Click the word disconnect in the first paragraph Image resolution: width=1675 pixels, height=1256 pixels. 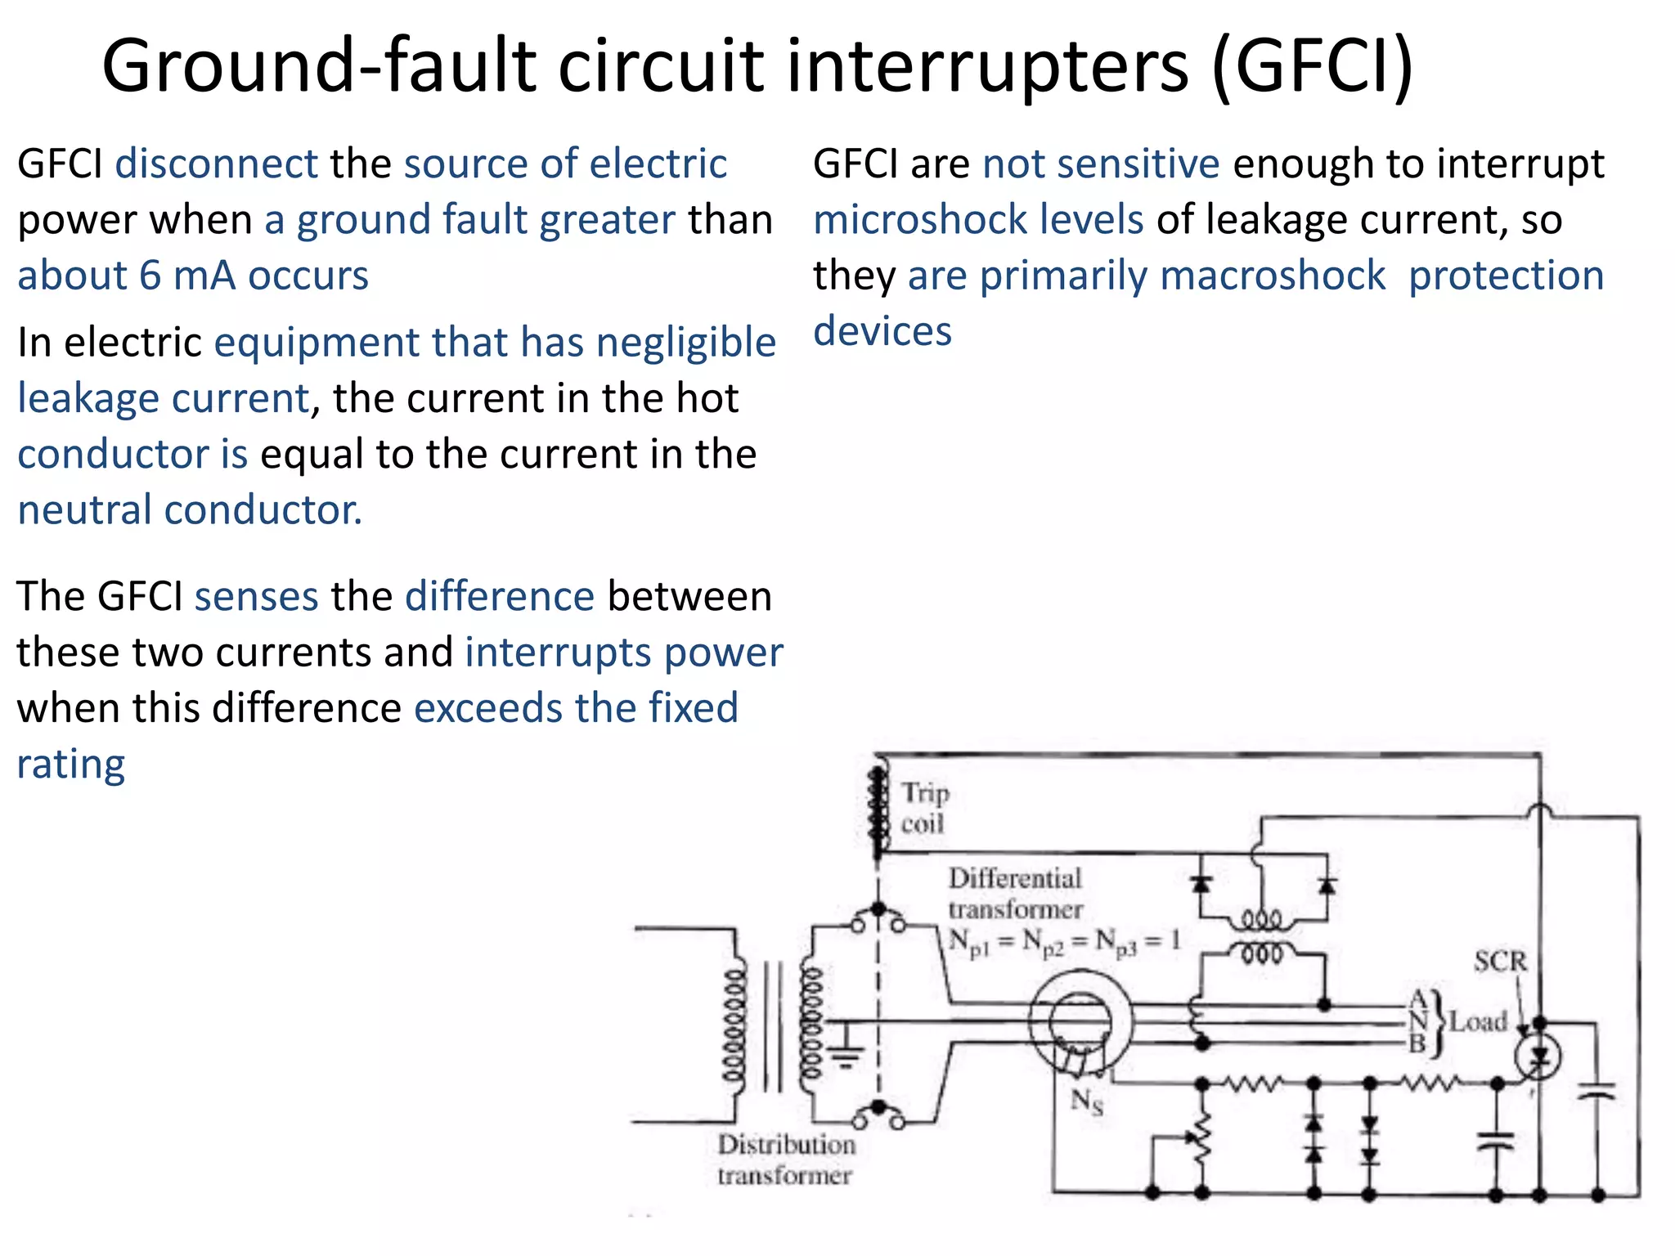click(216, 164)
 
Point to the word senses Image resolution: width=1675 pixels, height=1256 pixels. click(256, 596)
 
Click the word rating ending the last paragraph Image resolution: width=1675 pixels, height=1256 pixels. click(71, 765)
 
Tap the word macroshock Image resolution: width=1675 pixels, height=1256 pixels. click(1273, 276)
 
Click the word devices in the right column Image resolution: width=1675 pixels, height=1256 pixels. click(882, 332)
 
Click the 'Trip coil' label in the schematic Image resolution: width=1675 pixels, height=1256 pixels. click(925, 808)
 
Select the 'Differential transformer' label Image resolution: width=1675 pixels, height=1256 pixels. click(1015, 893)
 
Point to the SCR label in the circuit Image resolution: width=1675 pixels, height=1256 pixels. click(1500, 961)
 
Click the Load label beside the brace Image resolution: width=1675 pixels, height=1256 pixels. click(1478, 1021)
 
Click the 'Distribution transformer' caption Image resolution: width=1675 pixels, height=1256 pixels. click(786, 1160)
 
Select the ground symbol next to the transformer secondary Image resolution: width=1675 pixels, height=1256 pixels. click(847, 1055)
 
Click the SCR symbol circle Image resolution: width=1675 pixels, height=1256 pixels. click(1538, 1057)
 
